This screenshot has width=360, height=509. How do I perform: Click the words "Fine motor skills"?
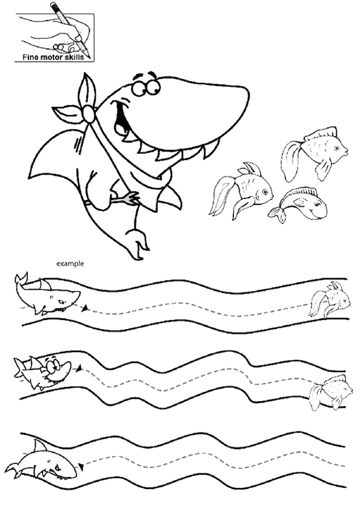pyautogui.click(x=53, y=57)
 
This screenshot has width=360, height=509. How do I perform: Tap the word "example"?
pyautogui.click(x=70, y=264)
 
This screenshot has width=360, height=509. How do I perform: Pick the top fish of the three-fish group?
pyautogui.click(x=314, y=153)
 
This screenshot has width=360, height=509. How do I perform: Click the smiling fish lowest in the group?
pyautogui.click(x=298, y=205)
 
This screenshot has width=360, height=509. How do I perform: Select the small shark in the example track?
pyautogui.click(x=47, y=294)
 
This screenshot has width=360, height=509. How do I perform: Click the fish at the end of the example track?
pyautogui.click(x=330, y=299)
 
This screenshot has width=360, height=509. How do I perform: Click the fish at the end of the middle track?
pyautogui.click(x=330, y=392)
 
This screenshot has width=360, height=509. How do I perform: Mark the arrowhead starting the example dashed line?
pyautogui.click(x=85, y=308)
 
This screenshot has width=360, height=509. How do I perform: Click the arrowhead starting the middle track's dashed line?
pyautogui.click(x=78, y=368)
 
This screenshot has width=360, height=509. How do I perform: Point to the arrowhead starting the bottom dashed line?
pyautogui.click(x=81, y=467)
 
